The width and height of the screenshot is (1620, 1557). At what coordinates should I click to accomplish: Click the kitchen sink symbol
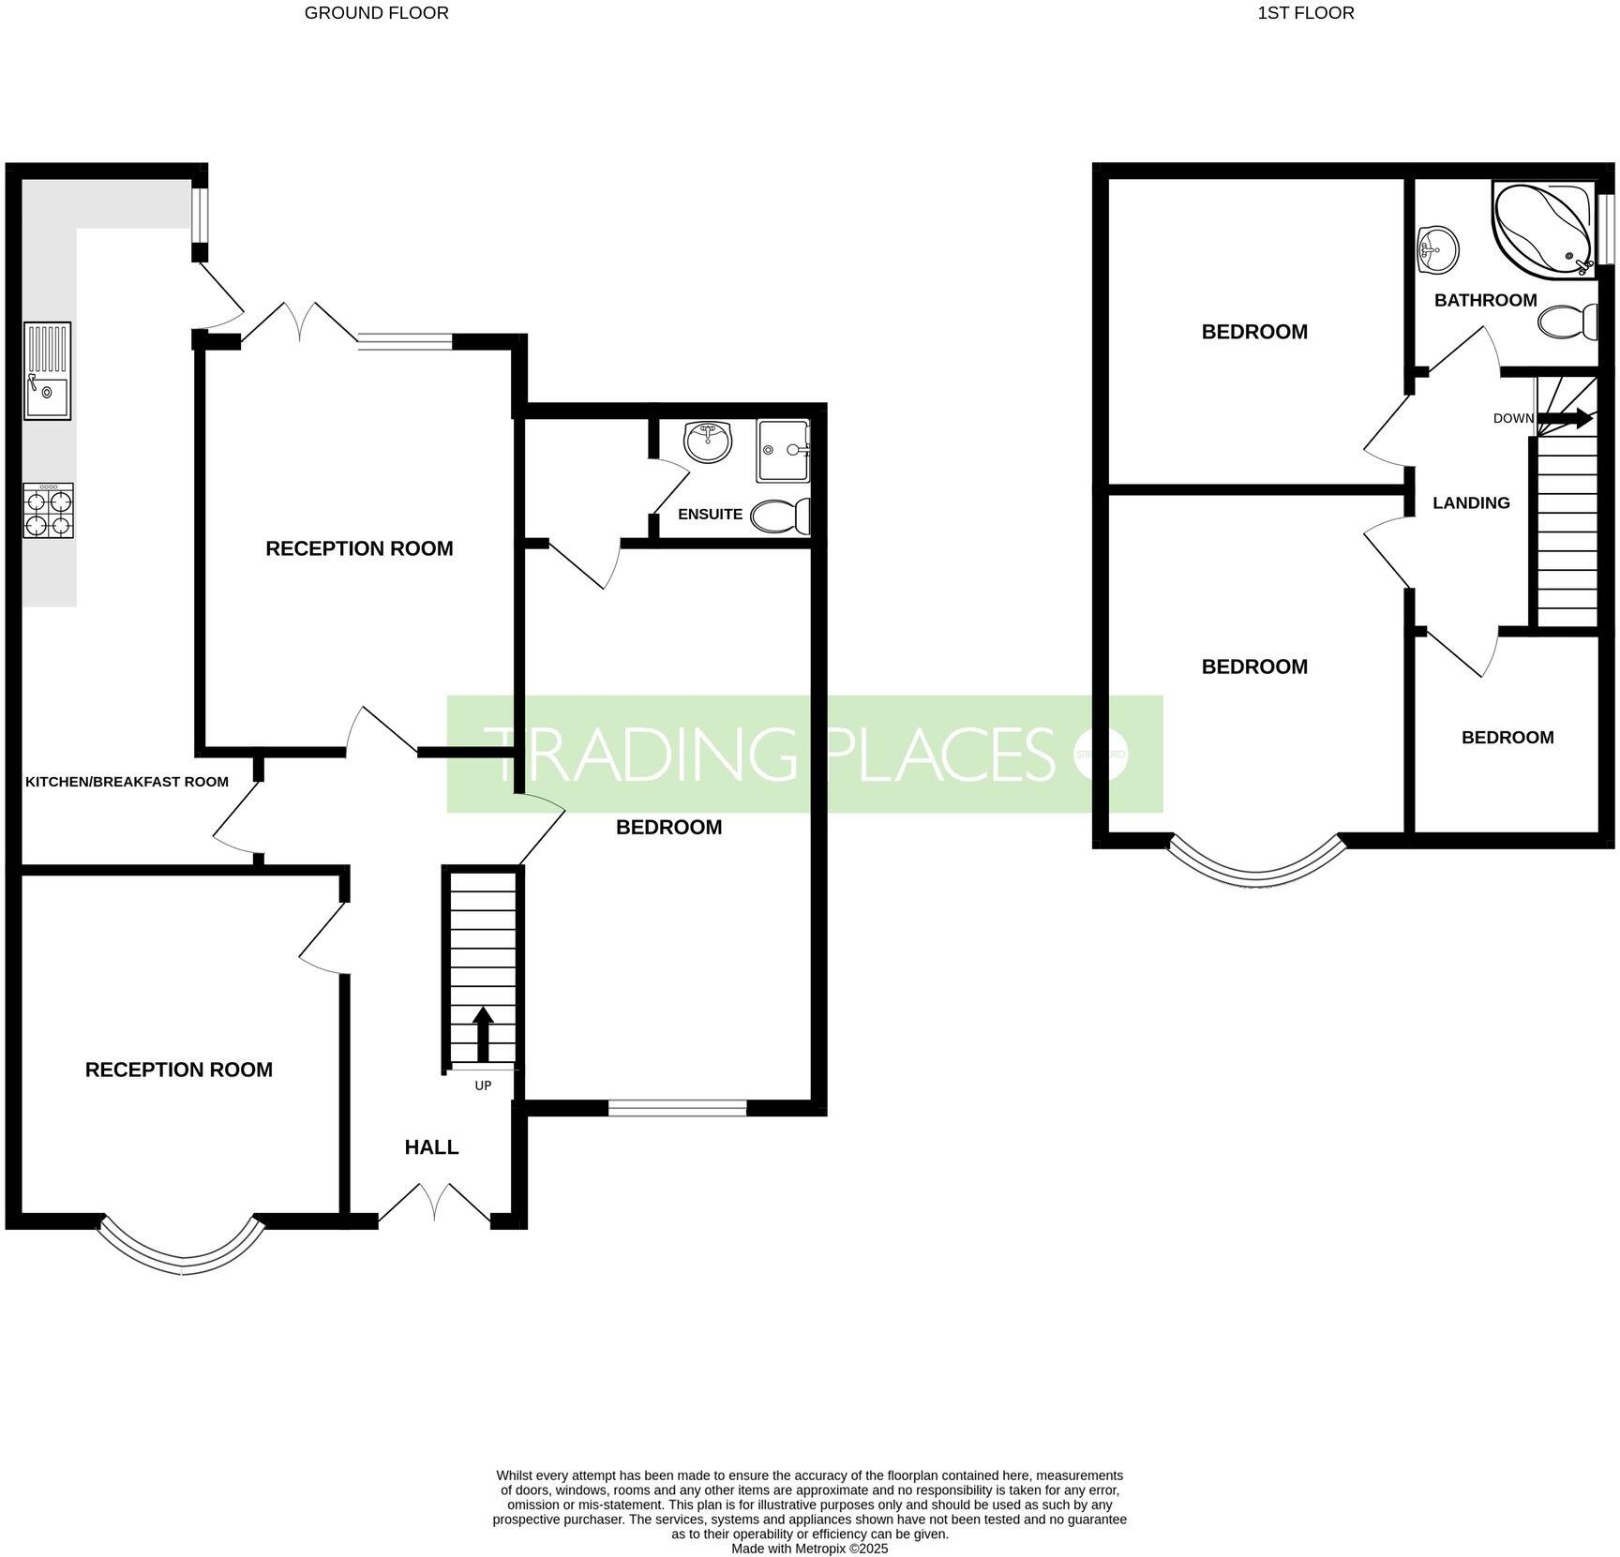point(47,371)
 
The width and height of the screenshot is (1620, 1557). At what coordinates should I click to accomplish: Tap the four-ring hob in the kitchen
point(48,511)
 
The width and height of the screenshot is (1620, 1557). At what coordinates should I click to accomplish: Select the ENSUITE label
point(710,514)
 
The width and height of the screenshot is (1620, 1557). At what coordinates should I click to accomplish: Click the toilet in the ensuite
point(781,516)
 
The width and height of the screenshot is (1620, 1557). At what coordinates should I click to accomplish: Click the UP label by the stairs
point(483,1085)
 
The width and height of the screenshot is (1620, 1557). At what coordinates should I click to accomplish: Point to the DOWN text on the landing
point(1513,418)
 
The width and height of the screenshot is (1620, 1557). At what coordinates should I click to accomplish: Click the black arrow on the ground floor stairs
point(483,1034)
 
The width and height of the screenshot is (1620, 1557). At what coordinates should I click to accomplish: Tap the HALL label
point(431,1147)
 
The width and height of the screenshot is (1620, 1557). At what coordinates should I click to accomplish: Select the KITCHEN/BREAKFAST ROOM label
point(127,782)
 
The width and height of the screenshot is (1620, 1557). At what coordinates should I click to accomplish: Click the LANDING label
point(1471,503)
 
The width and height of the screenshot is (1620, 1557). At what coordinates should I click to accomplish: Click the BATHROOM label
point(1485,300)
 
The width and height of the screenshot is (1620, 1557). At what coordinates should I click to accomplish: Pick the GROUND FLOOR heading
point(376,13)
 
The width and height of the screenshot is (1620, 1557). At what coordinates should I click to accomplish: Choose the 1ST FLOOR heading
point(1305,13)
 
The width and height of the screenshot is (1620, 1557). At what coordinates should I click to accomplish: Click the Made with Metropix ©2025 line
point(809,1550)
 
